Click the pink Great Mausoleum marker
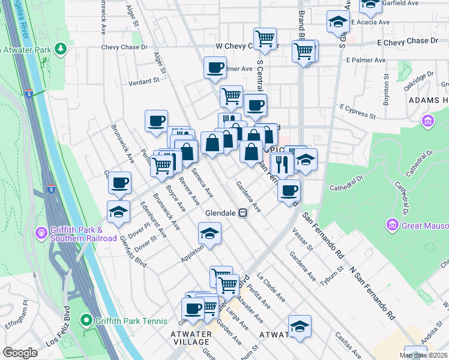pyautogui.click(x=393, y=226)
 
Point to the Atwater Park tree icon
pyautogui.click(x=60, y=48)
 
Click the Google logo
pyautogui.click(x=20, y=353)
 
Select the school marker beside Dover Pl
pyautogui.click(x=119, y=212)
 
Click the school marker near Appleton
pyautogui.click(x=209, y=234)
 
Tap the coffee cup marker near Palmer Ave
pyautogui.click(x=215, y=68)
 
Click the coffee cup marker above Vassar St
pyautogui.click(x=289, y=191)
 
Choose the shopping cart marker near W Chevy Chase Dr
pyautogui.click(x=265, y=39)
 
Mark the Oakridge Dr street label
pyautogui.click(x=418, y=79)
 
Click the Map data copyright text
pyautogui.click(x=423, y=355)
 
